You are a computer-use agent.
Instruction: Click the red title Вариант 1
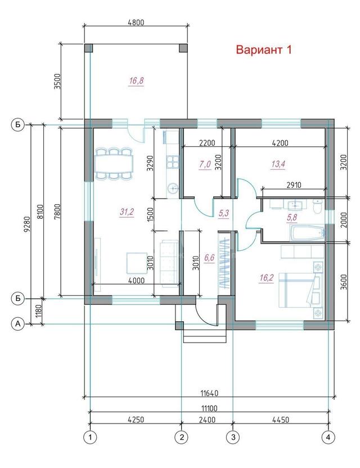pyautogui.click(x=264, y=49)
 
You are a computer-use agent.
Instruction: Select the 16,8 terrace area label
pyautogui.click(x=137, y=81)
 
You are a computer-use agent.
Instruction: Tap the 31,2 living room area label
pyautogui.click(x=127, y=212)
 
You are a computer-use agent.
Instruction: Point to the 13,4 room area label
pyautogui.click(x=278, y=164)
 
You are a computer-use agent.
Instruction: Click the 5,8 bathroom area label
pyautogui.click(x=292, y=218)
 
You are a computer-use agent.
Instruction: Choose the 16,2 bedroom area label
pyautogui.click(x=267, y=278)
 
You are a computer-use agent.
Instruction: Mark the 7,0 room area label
pyautogui.click(x=205, y=164)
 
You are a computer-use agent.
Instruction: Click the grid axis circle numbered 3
pyautogui.click(x=233, y=437)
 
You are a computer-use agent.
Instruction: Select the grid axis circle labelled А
pyautogui.click(x=18, y=323)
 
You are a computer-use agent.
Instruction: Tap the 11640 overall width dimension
pyautogui.click(x=209, y=393)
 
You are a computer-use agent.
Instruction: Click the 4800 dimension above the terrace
pyautogui.click(x=136, y=22)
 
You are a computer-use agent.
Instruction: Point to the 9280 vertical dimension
pyautogui.click(x=27, y=224)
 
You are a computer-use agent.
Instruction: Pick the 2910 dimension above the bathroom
pyautogui.click(x=294, y=185)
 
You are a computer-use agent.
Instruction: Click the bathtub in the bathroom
pyautogui.click(x=307, y=233)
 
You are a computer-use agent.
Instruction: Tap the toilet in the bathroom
pyautogui.click(x=317, y=206)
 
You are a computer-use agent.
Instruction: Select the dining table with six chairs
pyautogui.click(x=114, y=164)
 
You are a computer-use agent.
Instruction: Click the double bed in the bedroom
pyautogui.click(x=299, y=290)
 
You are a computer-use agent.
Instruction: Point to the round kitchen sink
pyautogui.click(x=173, y=188)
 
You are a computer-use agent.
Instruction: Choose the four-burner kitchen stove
pyautogui.click(x=173, y=161)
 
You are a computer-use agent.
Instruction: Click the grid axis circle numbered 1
pyautogui.click(x=90, y=437)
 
